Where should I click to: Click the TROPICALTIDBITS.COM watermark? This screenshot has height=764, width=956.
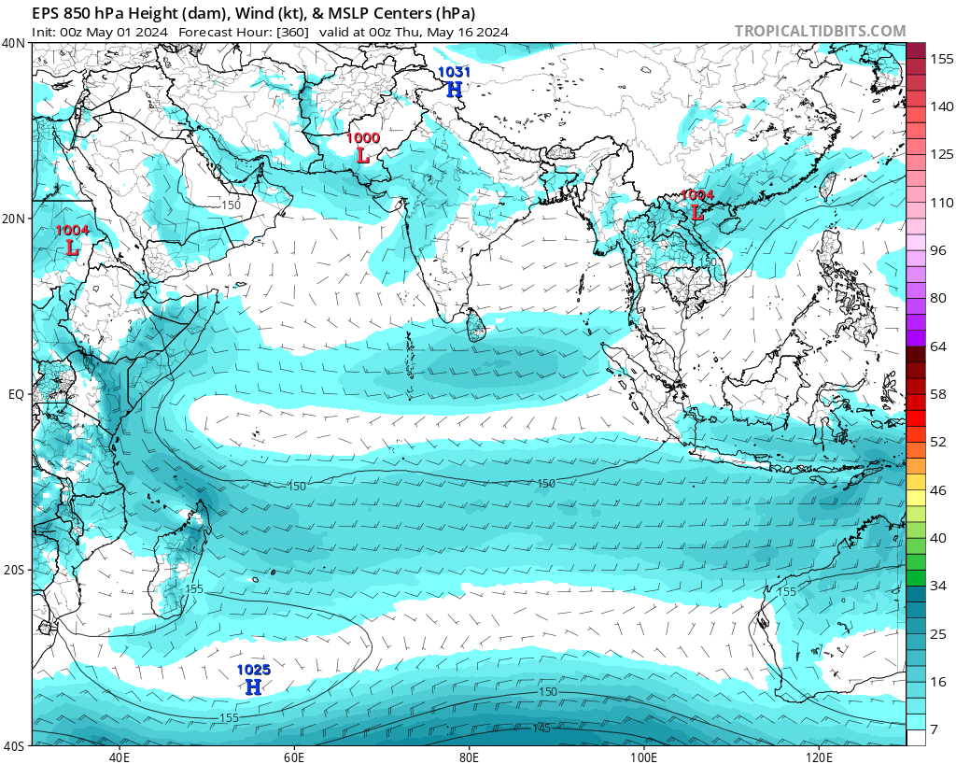(820, 32)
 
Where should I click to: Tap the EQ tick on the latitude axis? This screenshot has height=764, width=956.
(16, 394)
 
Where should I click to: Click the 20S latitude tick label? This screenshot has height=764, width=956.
(14, 570)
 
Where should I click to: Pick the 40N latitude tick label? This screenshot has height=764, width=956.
(14, 43)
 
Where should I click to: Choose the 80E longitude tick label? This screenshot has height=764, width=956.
(469, 756)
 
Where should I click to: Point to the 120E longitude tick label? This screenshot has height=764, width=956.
(819, 756)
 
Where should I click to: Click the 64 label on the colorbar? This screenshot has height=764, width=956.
(939, 347)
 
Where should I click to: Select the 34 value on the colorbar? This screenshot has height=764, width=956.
(939, 586)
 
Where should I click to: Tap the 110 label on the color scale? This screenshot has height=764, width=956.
(940, 203)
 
